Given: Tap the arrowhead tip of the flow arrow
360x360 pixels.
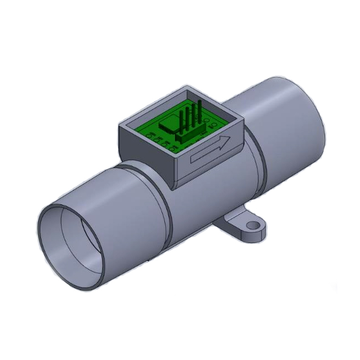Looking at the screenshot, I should pyautogui.click(x=228, y=143).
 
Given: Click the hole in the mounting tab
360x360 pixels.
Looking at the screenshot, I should pyautogui.click(x=254, y=225).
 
